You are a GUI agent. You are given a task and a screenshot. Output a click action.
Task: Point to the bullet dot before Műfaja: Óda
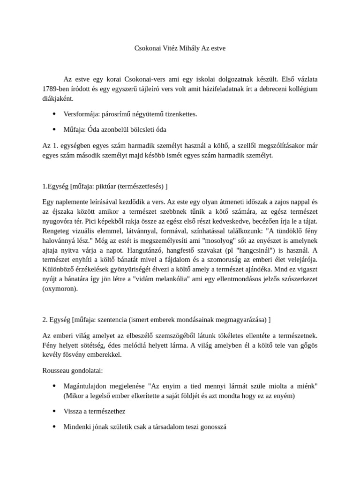click(54, 129)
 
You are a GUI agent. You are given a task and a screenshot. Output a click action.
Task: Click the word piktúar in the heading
click(108, 186)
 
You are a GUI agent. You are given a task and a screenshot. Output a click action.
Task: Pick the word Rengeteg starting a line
click(57, 230)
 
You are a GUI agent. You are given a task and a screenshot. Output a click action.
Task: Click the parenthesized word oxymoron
click(60, 289)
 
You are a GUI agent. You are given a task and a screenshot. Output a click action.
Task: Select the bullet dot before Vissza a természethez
click(54, 411)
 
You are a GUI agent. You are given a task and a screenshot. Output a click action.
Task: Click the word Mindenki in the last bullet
click(77, 427)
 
